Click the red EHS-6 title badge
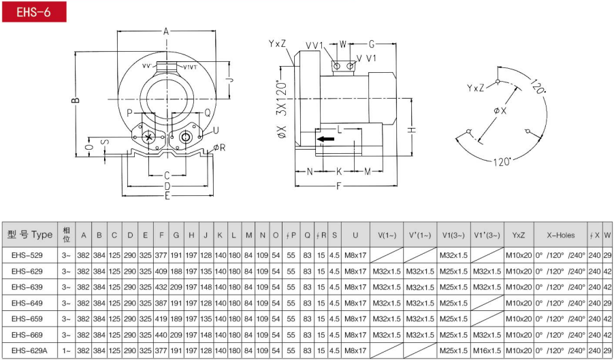(x=34, y=12)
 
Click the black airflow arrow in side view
(x=325, y=139)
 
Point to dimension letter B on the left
(x=76, y=100)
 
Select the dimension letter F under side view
(x=339, y=186)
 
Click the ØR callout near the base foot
(x=219, y=148)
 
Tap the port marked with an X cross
(x=148, y=137)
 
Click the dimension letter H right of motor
(x=412, y=130)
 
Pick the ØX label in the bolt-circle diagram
(x=500, y=111)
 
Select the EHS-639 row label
(x=27, y=287)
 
